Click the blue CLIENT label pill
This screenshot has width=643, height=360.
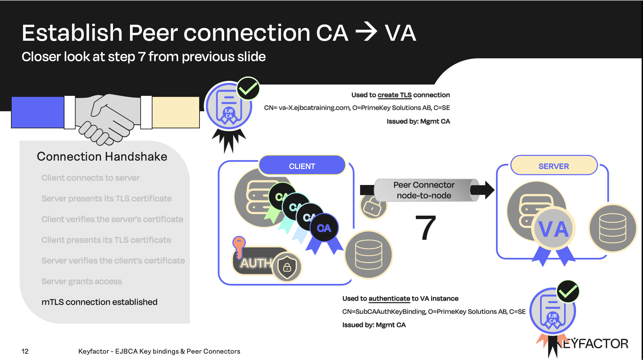pyautogui.click(x=302, y=166)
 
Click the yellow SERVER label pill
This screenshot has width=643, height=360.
pyautogui.click(x=553, y=166)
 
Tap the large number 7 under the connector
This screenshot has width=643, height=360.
pyautogui.click(x=425, y=228)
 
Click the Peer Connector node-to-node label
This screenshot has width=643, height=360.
pyautogui.click(x=424, y=190)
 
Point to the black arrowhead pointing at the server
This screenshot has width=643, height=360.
pyautogui.click(x=489, y=190)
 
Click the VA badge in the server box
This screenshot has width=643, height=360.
pyautogui.click(x=553, y=229)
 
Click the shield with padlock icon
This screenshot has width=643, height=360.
pyautogui.click(x=287, y=267)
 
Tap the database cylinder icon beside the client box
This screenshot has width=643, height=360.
pyautogui.click(x=369, y=254)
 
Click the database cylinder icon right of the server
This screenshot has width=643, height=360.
pyautogui.click(x=613, y=228)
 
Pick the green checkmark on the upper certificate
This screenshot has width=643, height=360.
pyautogui.click(x=248, y=88)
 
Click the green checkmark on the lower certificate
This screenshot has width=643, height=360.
pyautogui.click(x=568, y=292)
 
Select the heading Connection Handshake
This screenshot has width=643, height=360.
pyautogui.click(x=102, y=157)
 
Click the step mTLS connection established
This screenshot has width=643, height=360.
pyautogui.click(x=99, y=302)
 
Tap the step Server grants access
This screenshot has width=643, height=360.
pyautogui.click(x=82, y=281)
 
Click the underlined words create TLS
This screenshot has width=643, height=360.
pyautogui.click(x=394, y=95)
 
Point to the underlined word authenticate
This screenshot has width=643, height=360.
pyautogui.click(x=389, y=299)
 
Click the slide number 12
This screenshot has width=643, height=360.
pyautogui.click(x=25, y=351)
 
